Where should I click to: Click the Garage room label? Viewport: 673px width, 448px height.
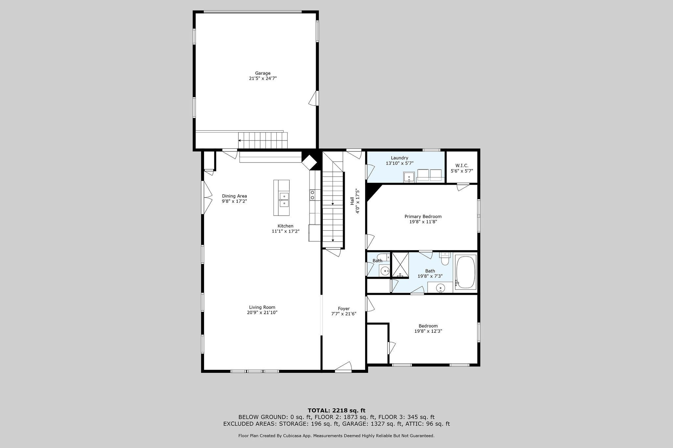tap(263, 73)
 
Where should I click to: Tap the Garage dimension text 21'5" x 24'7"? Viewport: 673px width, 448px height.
tap(263, 78)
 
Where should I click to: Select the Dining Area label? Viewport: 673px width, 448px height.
tap(234, 196)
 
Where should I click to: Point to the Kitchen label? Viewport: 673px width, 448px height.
tap(285, 226)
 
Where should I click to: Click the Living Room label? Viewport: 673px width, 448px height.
tap(262, 307)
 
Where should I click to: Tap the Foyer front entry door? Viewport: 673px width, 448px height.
tap(344, 368)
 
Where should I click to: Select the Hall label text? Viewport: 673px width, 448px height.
tap(352, 201)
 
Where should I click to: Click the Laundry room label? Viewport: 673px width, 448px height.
tap(399, 158)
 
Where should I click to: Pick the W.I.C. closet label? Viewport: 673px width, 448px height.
tap(462, 166)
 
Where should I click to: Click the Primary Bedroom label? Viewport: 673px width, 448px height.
tap(423, 216)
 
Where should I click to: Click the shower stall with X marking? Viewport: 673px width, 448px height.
tap(400, 265)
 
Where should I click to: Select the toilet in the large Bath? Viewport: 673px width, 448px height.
tap(445, 259)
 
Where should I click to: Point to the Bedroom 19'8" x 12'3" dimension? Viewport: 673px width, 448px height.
tap(428, 331)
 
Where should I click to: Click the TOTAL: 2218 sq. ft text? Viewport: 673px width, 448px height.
tap(336, 410)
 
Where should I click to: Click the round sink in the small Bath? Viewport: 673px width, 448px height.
tap(384, 271)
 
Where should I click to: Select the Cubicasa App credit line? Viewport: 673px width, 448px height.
tap(336, 436)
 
